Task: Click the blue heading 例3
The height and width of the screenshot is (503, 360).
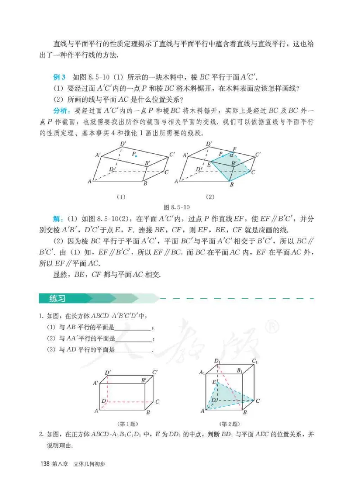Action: click(x=59, y=77)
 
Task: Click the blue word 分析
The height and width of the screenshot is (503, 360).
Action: click(x=59, y=111)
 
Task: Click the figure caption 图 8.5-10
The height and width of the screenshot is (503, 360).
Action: click(x=179, y=207)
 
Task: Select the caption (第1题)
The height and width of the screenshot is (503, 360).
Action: click(x=127, y=423)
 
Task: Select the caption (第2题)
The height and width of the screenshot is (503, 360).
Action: click(x=229, y=423)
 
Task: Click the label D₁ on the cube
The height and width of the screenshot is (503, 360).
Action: click(x=217, y=361)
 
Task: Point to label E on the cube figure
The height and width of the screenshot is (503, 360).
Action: click(x=214, y=381)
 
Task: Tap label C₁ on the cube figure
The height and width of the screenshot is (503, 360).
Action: click(x=255, y=361)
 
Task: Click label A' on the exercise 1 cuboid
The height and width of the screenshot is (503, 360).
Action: click(x=95, y=383)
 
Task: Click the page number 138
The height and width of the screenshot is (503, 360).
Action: click(x=45, y=463)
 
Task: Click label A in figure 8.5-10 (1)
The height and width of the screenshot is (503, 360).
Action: click(x=90, y=181)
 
